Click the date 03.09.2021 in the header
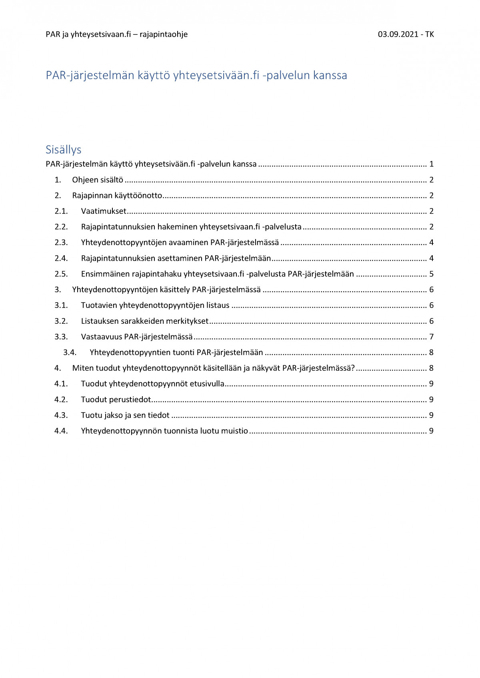(398, 34)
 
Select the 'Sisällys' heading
(64, 150)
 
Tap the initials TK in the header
(429, 34)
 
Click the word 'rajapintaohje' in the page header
(164, 34)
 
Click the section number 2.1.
(61, 211)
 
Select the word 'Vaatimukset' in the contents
(104, 211)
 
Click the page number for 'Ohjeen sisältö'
(431, 180)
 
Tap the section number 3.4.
(70, 352)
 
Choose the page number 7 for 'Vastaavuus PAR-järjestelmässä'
(431, 337)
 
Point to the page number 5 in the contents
(431, 274)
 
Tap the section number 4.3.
(61, 415)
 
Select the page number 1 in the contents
(431, 164)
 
